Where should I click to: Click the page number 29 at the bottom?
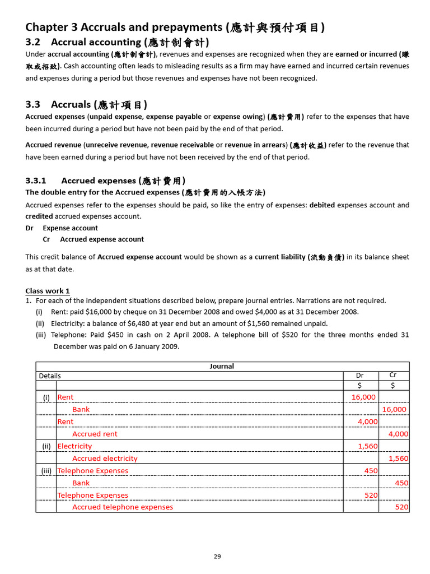[217, 557]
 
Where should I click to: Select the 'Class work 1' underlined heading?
[48, 291]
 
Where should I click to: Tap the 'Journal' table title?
[222, 367]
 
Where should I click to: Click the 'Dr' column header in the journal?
[360, 376]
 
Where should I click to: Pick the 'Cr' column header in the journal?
[393, 376]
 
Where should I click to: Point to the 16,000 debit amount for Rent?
[363, 397]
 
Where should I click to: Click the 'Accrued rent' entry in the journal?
[95, 434]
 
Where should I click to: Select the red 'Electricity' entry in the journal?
[74, 446]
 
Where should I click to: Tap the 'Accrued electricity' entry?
[105, 459]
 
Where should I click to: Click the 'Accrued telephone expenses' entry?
[123, 507]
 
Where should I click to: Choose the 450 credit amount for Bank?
[401, 483]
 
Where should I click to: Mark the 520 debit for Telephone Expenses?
[371, 496]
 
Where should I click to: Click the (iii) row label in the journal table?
[46, 471]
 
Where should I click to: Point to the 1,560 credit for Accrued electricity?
[398, 459]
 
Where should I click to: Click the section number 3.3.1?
[36, 180]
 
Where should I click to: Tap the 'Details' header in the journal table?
[50, 376]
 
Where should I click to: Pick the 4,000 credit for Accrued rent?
[398, 434]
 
